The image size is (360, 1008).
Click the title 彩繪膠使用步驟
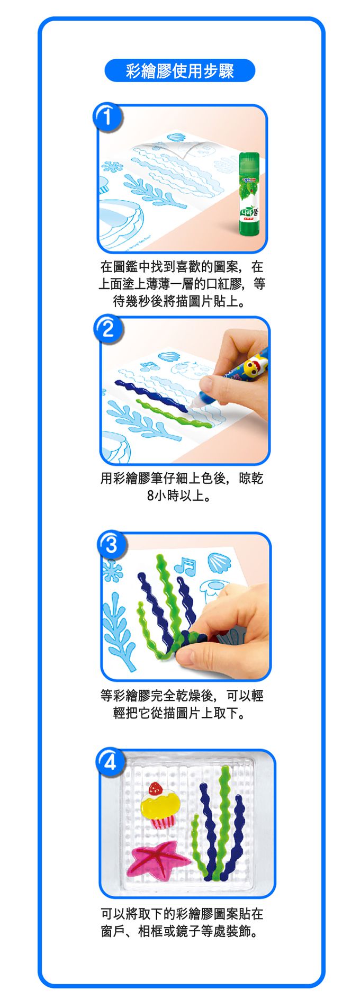point(180,71)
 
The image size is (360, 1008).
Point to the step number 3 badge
point(111,545)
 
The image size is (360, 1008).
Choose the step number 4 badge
point(110,761)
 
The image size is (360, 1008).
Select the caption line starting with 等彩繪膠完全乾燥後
point(182,695)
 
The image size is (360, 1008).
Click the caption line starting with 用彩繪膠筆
point(182,479)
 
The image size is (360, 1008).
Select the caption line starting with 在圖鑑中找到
point(182,266)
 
